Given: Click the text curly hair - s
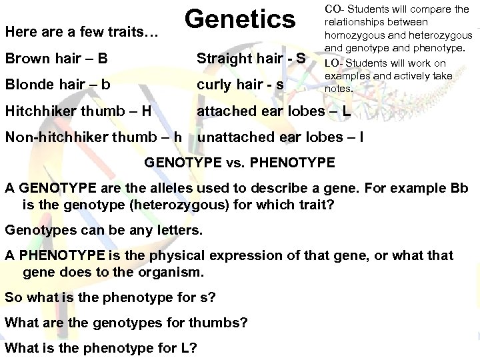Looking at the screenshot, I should (239, 85).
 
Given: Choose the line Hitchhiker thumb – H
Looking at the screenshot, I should (77, 111).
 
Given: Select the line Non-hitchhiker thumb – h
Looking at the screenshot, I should (94, 138).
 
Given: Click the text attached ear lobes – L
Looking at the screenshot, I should (273, 111).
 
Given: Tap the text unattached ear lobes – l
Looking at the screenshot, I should (281, 138).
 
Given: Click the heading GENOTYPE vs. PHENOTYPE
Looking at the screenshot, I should (239, 162).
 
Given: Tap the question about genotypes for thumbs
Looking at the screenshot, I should (127, 323).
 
